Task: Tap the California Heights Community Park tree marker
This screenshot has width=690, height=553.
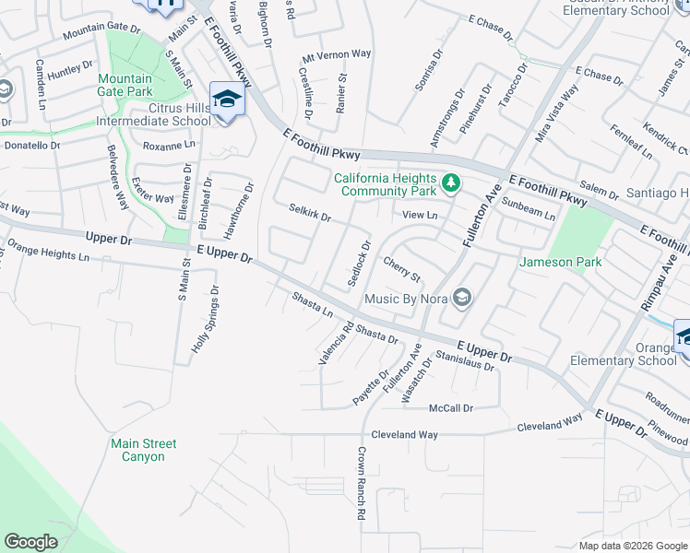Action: (x=451, y=184)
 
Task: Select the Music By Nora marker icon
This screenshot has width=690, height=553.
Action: (x=463, y=298)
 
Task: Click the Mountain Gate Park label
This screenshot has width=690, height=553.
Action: (x=125, y=85)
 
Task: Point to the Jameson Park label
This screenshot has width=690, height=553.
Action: (x=574, y=262)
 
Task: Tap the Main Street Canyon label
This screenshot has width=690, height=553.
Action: (x=144, y=450)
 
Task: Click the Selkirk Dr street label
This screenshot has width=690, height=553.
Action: (x=310, y=215)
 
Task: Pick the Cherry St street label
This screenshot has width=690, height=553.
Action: (x=401, y=271)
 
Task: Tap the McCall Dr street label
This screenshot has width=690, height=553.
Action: (x=451, y=407)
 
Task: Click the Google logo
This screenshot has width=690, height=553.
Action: (x=31, y=542)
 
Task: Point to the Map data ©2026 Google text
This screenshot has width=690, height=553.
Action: (x=632, y=546)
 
